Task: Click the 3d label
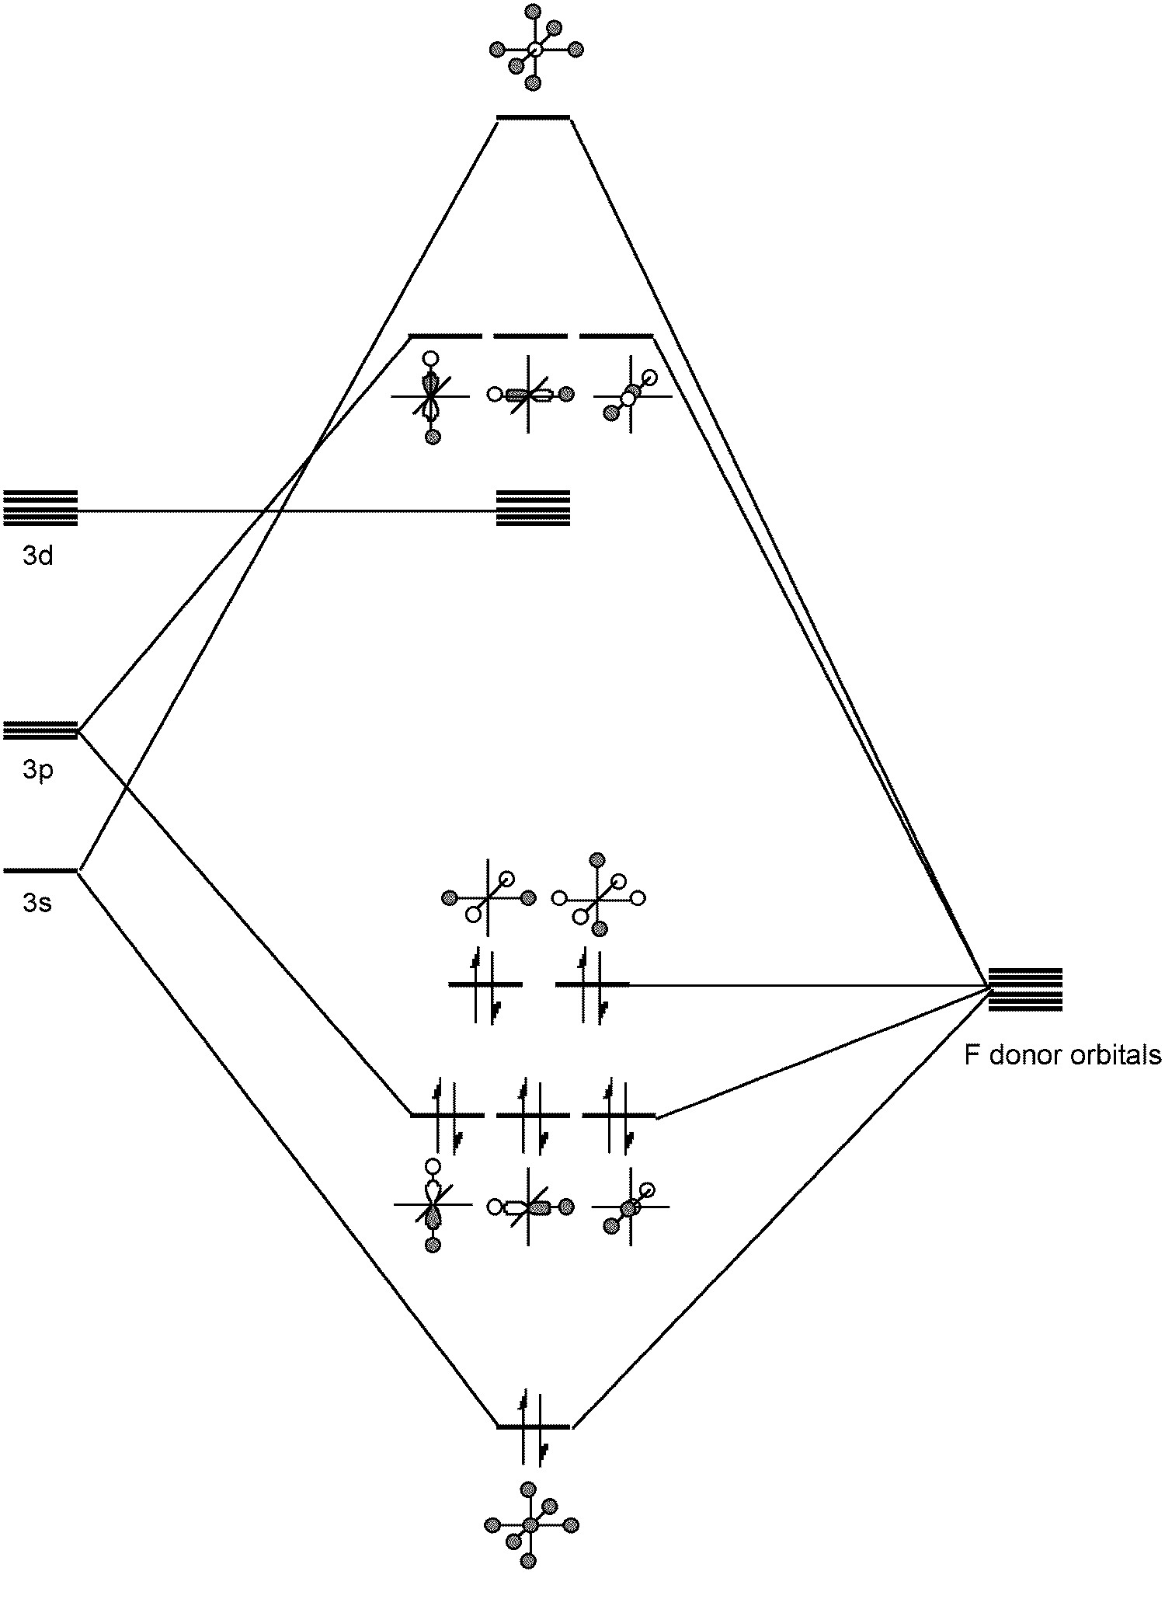tap(38, 556)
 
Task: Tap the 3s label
tap(38, 902)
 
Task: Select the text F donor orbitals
tap(1062, 1055)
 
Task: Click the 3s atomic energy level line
tap(40, 870)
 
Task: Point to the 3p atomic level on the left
tap(40, 730)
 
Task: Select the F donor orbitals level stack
tap(1024, 989)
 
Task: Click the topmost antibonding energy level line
tap(533, 118)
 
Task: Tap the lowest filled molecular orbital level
tap(533, 1427)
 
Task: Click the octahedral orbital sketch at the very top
tap(534, 49)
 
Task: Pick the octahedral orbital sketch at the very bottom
tap(530, 1524)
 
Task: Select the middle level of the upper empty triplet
tap(530, 337)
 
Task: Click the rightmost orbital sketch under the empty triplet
tap(631, 395)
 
